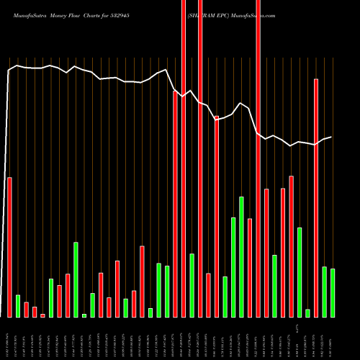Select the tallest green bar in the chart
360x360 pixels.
[x=241, y=256]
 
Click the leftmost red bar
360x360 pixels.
[x=9, y=247]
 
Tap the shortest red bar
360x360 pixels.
[x=42, y=315]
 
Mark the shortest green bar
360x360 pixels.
[x=84, y=315]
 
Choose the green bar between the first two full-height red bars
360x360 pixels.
[x=192, y=285]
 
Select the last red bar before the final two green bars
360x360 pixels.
[x=316, y=198]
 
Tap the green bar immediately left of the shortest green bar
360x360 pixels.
[x=76, y=279]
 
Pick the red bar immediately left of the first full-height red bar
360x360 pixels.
[x=175, y=204]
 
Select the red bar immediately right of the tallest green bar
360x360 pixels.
[x=250, y=267]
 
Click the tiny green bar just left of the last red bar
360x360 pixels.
[x=307, y=313]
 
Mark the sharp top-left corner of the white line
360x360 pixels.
[x=9, y=70]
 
